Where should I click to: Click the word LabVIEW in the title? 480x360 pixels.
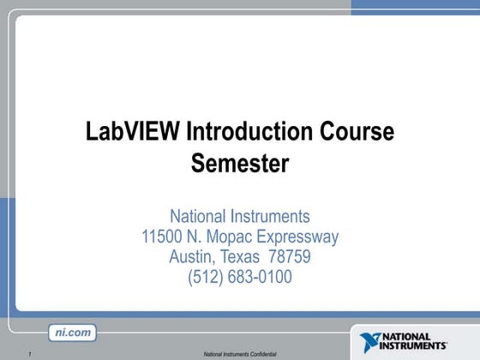pyautogui.click(x=133, y=133)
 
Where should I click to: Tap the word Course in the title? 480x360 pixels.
pyautogui.click(x=357, y=133)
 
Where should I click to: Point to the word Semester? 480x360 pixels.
pyautogui.click(x=240, y=162)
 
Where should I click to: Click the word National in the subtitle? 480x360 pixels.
pyautogui.click(x=197, y=216)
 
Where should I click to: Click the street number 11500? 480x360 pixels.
pyautogui.click(x=164, y=237)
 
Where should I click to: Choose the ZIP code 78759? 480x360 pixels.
pyautogui.click(x=291, y=256)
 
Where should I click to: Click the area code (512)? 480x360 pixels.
pyautogui.click(x=206, y=277)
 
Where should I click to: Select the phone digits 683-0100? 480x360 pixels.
pyautogui.click(x=261, y=277)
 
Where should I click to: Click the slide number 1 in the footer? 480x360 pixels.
pyautogui.click(x=29, y=354)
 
